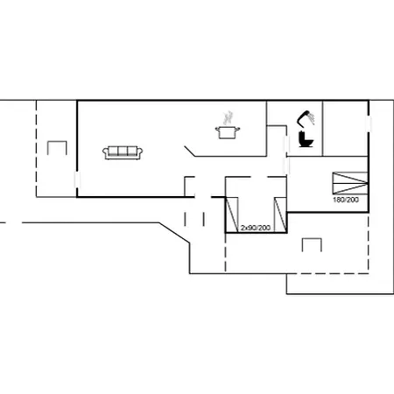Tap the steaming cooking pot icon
(227, 131)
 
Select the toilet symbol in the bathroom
(306, 139)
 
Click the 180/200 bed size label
(345, 201)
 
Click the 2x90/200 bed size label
(255, 228)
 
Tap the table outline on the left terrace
(59, 151)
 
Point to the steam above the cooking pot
(229, 116)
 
